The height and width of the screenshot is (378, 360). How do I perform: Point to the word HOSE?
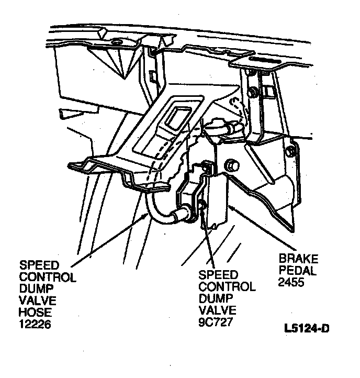pos(33,313)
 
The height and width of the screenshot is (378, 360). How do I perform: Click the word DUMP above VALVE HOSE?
pos(33,290)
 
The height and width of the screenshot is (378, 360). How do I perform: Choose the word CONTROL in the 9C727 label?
pos(227,286)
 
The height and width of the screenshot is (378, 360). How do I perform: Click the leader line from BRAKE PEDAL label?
pos(262,230)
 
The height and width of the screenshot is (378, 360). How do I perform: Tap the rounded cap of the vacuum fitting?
pos(214,127)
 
